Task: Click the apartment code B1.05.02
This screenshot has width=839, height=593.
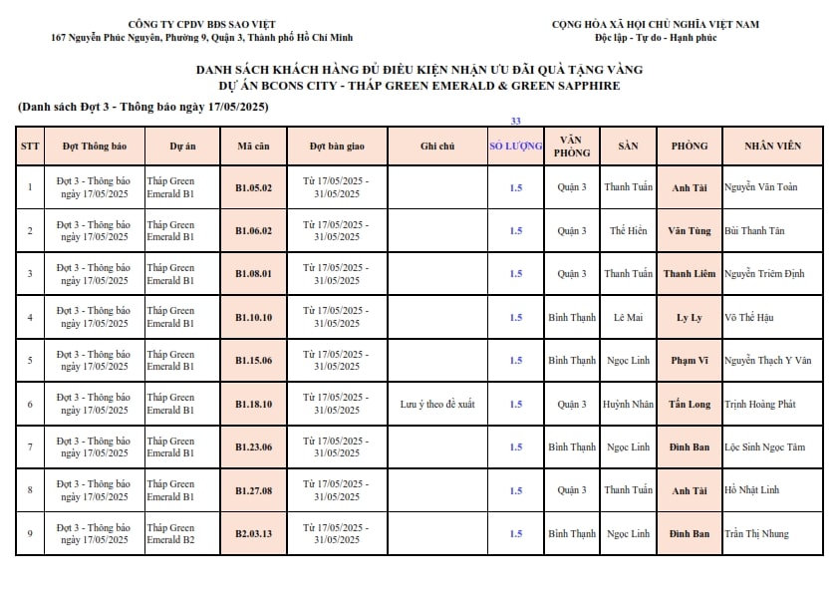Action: pyautogui.click(x=253, y=187)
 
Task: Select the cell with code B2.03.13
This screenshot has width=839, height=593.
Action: pyautogui.click(x=253, y=534)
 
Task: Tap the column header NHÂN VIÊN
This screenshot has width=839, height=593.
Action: pyautogui.click(x=772, y=146)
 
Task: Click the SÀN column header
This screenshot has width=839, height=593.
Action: pyautogui.click(x=628, y=146)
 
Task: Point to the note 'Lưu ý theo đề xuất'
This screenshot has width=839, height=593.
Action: pyautogui.click(x=437, y=405)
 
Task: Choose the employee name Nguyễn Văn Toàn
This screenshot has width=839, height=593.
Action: pyautogui.click(x=760, y=187)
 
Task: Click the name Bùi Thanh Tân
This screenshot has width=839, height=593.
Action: pyautogui.click(x=754, y=231)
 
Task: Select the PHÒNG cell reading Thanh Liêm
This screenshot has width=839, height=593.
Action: pyautogui.click(x=690, y=274)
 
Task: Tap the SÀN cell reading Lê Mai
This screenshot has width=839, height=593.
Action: pyautogui.click(x=628, y=318)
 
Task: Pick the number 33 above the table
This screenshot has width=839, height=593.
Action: pyautogui.click(x=515, y=121)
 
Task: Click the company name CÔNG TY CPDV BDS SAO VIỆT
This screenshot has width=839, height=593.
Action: pyautogui.click(x=202, y=24)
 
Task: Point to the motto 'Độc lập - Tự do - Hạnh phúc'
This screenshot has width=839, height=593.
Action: pyautogui.click(x=656, y=38)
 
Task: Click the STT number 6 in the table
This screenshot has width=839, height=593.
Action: pyautogui.click(x=30, y=405)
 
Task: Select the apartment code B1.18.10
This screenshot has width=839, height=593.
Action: pyautogui.click(x=253, y=405)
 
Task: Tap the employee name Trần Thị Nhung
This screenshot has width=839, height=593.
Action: pyautogui.click(x=756, y=534)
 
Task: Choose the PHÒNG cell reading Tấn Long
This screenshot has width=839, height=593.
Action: pyautogui.click(x=690, y=405)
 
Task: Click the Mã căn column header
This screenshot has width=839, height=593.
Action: pyautogui.click(x=253, y=146)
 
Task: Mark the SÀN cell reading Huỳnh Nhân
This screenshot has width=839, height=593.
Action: pyautogui.click(x=628, y=405)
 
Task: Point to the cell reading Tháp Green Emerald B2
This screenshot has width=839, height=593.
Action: pyautogui.click(x=171, y=534)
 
